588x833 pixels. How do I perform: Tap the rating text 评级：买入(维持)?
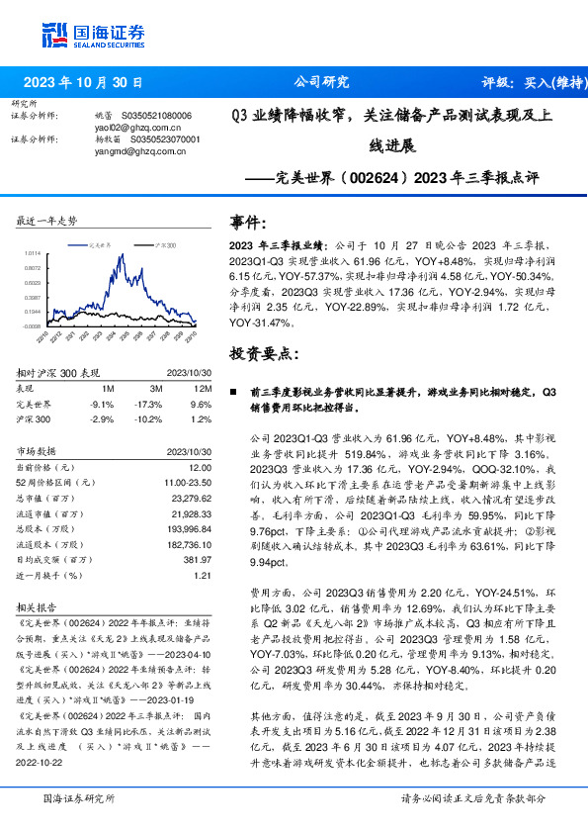[x=523, y=82]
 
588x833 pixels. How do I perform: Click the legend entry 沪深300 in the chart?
[x=164, y=242]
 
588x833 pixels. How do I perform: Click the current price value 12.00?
[x=201, y=466]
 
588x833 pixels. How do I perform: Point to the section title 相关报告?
[x=38, y=606]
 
